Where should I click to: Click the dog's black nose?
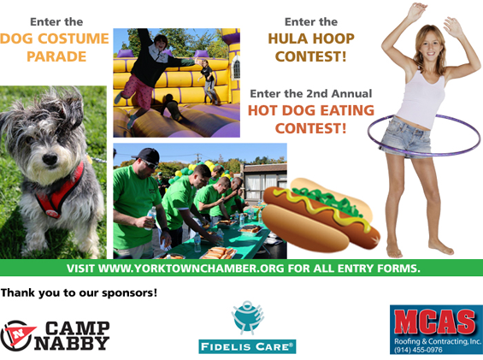tap(50, 159)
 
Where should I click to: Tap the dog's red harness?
tap(60, 191)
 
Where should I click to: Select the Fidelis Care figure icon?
tap(248, 318)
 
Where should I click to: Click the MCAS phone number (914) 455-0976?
tap(418, 350)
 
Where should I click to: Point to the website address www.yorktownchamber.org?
tap(191, 269)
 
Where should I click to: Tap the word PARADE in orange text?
tap(56, 56)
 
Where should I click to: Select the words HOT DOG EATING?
tap(311, 110)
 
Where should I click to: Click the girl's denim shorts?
tap(406, 137)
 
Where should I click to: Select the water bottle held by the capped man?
tap(150, 217)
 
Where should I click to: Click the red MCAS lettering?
tap(435, 322)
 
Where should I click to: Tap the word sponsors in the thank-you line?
tap(129, 292)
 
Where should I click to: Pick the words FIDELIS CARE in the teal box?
tap(247, 347)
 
